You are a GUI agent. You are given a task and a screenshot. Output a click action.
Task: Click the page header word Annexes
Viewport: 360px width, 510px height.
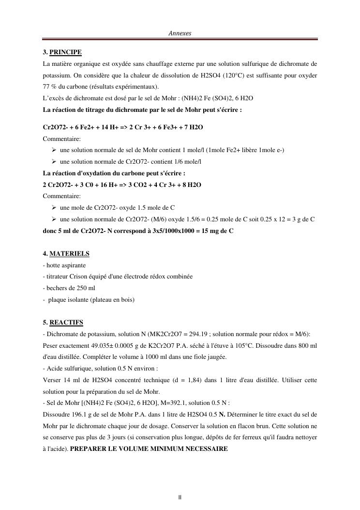point(180,33)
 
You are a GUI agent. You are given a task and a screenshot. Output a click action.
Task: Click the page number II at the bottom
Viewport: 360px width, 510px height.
point(180,497)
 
